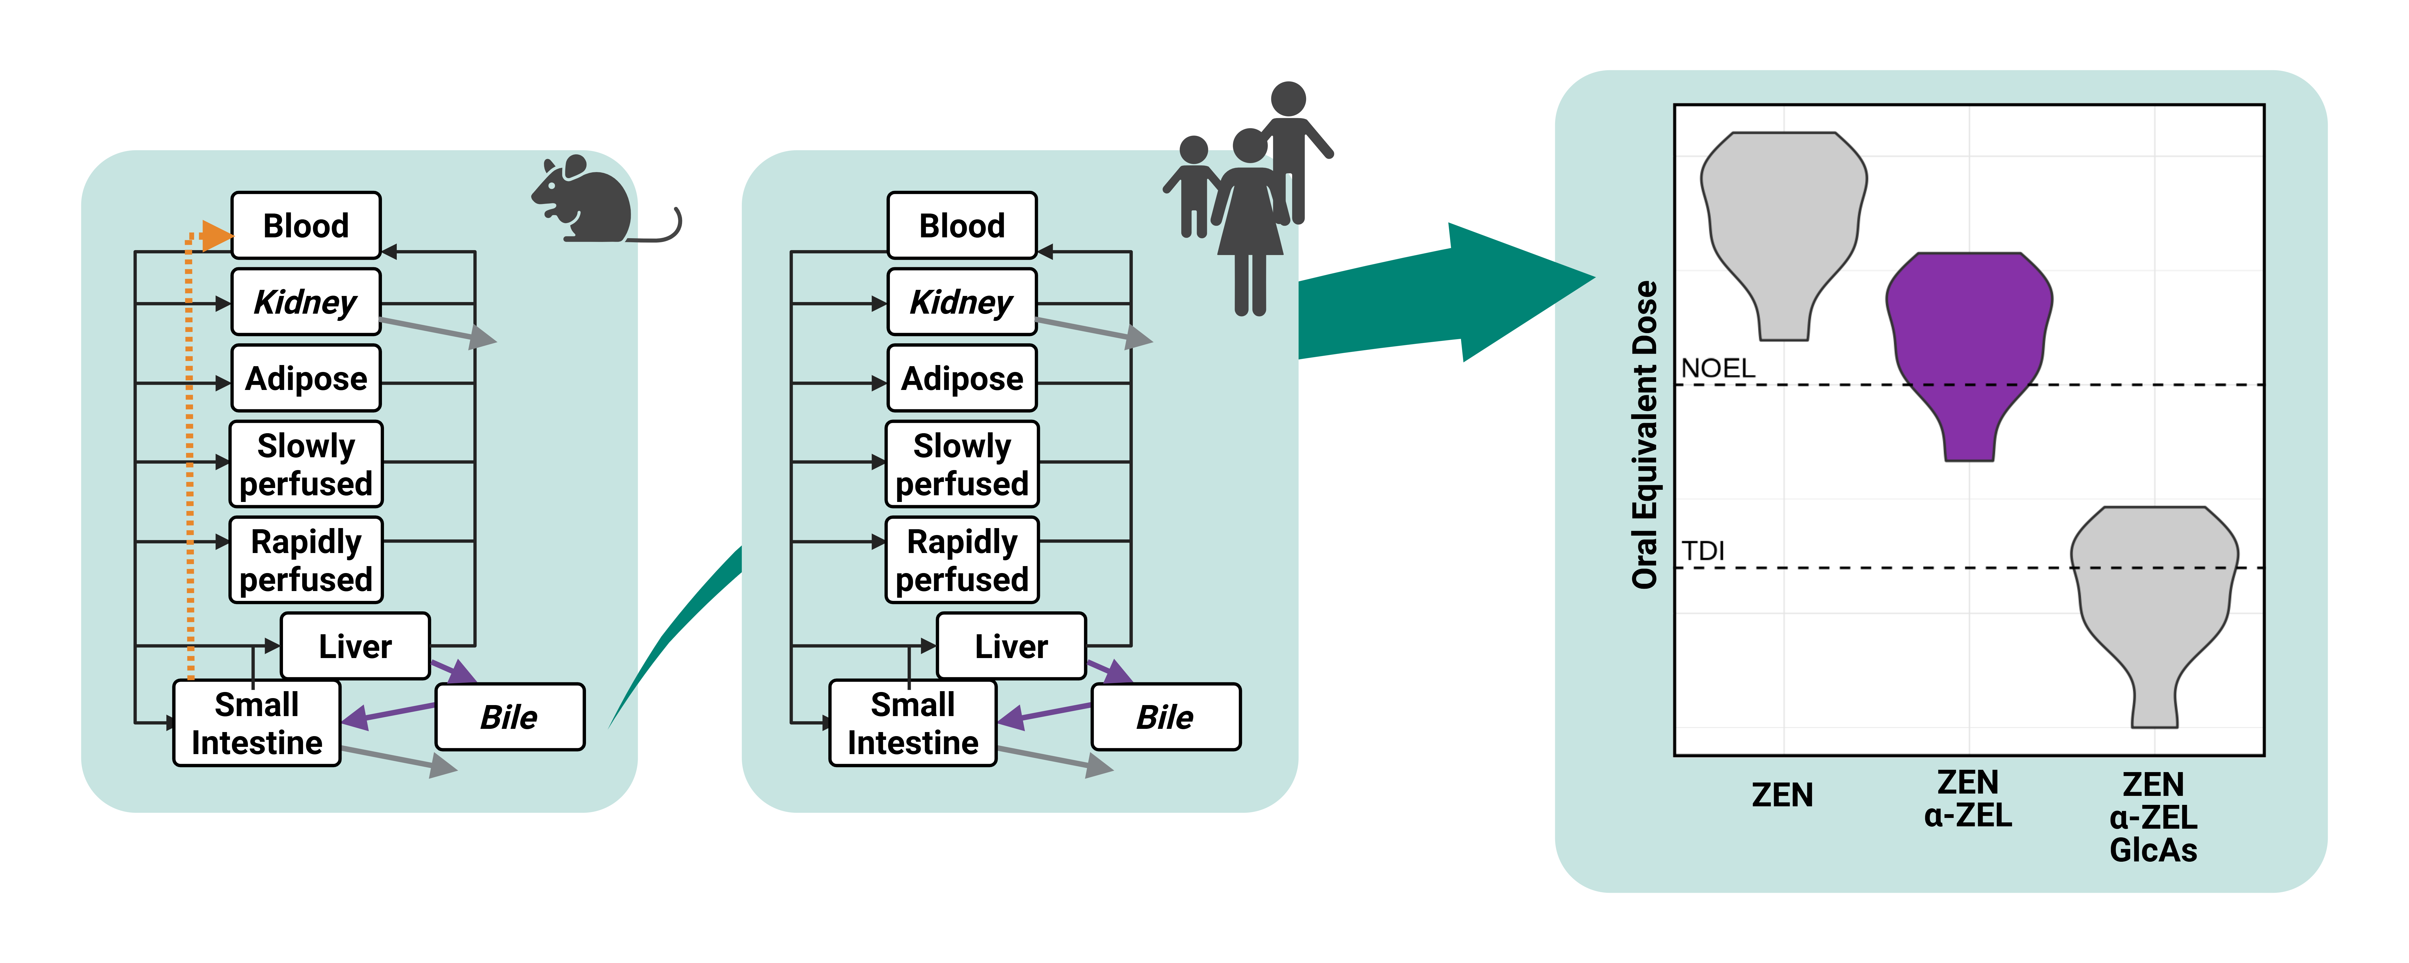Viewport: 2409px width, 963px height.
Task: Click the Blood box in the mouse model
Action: coord(306,225)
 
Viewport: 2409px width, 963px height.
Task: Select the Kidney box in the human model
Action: coord(962,302)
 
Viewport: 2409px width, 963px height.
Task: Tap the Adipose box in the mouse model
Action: coord(306,379)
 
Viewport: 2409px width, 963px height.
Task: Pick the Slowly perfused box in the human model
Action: coord(962,464)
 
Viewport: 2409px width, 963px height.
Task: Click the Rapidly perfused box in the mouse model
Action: coord(306,560)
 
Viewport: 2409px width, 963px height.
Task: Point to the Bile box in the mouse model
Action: coord(510,717)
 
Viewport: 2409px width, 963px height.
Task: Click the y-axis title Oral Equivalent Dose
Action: coord(1644,435)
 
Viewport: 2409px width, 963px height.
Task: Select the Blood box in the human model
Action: coord(962,225)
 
